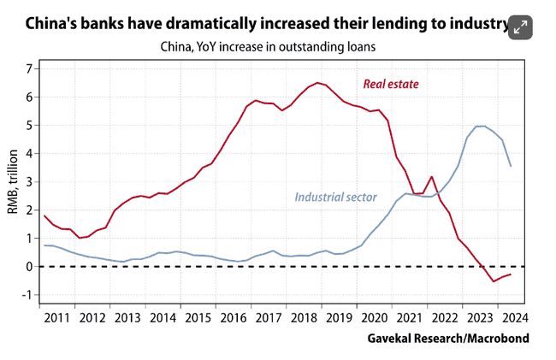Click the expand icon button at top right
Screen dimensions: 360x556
tap(521, 27)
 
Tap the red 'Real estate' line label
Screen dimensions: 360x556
tap(391, 84)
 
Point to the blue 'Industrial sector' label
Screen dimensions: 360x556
tap(336, 197)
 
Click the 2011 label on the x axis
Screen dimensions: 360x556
tap(57, 318)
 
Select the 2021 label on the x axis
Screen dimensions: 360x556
tap(409, 318)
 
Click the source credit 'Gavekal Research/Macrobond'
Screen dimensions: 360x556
tap(448, 339)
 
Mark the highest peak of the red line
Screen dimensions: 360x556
tap(317, 82)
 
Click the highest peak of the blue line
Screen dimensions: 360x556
tap(481, 126)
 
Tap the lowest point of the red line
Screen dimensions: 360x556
tap(494, 281)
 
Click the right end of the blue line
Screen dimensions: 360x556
tap(512, 166)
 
